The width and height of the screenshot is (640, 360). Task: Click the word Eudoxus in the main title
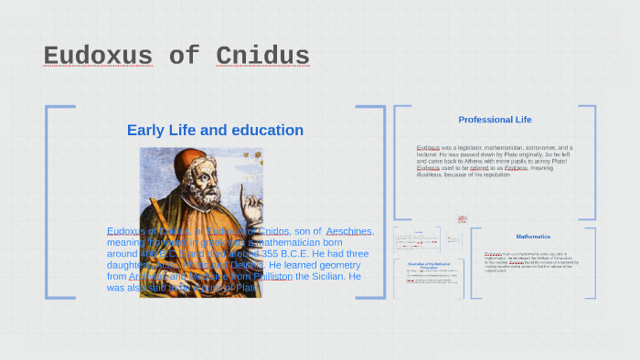click(x=98, y=57)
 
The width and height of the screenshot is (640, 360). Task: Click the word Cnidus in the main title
click(x=262, y=57)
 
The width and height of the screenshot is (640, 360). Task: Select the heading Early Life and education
click(x=215, y=131)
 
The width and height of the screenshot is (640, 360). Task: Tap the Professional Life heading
click(x=495, y=120)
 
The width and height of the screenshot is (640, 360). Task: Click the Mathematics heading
click(x=533, y=237)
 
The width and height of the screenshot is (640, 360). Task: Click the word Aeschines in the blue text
click(x=349, y=231)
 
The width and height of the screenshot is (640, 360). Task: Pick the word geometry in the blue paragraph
click(x=335, y=265)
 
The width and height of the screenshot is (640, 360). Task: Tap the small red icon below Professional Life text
click(x=462, y=219)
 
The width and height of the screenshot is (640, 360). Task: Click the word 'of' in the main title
click(x=184, y=57)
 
